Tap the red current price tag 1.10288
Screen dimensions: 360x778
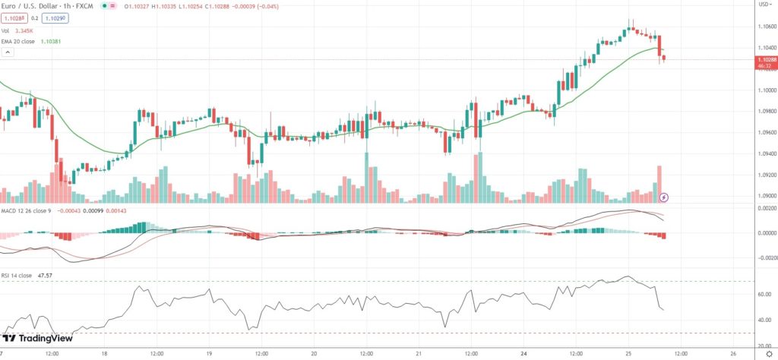click(765, 58)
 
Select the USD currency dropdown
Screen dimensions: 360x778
click(765, 4)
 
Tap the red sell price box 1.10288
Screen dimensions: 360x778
click(14, 18)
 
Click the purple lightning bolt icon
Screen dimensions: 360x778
click(664, 197)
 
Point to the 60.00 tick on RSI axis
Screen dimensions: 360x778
click(762, 296)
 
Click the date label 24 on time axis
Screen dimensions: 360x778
click(523, 353)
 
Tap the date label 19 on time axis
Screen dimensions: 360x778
click(208, 353)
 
